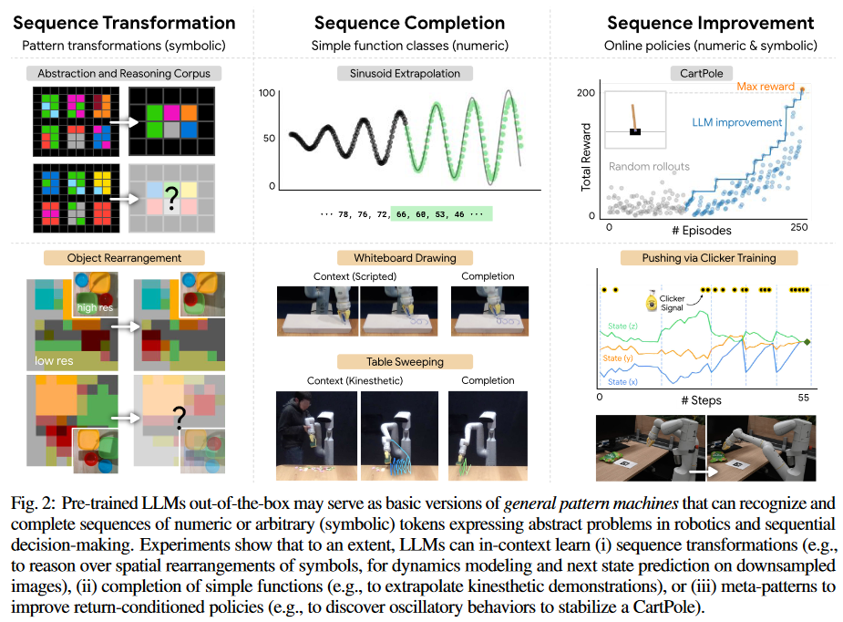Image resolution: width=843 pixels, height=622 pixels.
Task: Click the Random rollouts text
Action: click(x=650, y=167)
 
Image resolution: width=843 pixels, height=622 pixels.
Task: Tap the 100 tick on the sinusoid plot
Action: click(x=266, y=92)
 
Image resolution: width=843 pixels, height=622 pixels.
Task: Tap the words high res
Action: click(x=99, y=307)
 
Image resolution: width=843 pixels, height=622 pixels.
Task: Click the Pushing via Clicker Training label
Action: click(x=698, y=258)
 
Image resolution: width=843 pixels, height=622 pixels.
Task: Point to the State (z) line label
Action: click(x=622, y=325)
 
